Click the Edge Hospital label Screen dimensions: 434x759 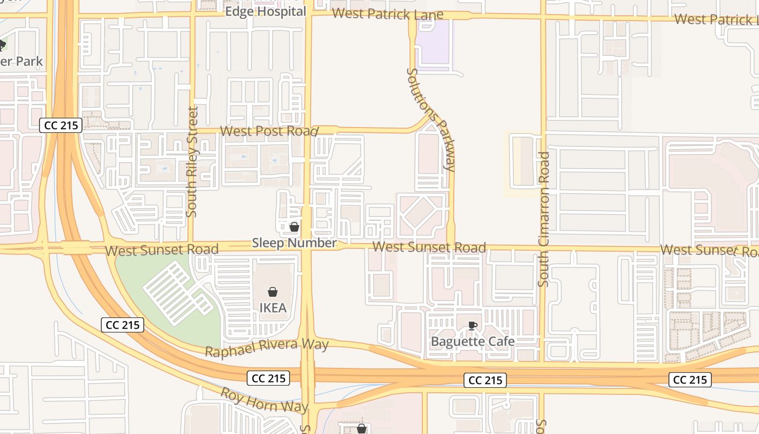tap(266, 11)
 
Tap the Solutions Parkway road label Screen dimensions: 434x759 tap(431, 119)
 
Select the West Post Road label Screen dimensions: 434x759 tap(268, 131)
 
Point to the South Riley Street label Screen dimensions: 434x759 tap(192, 162)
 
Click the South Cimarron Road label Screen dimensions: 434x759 tap(544, 219)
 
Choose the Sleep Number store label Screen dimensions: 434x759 tap(294, 243)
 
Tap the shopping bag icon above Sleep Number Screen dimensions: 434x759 tap(294, 227)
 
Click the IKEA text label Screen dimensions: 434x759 tap(273, 308)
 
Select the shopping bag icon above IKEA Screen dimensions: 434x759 tap(273, 292)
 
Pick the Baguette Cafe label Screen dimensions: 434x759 tap(472, 341)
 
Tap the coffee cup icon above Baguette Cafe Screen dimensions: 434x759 tap(472, 325)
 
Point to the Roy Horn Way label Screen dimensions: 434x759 tap(264, 400)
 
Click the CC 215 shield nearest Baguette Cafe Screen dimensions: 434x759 tap(485, 380)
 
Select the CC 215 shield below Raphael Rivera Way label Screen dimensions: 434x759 tap(268, 378)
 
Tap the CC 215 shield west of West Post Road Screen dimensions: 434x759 tap(61, 125)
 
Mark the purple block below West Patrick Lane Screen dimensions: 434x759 tap(434, 43)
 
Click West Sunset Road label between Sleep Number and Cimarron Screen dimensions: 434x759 tap(429, 247)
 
